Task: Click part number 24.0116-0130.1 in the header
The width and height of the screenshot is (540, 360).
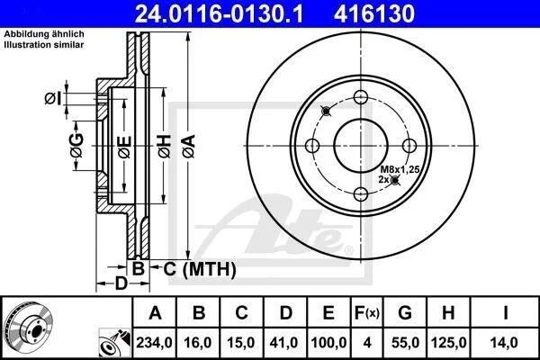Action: (x=219, y=13)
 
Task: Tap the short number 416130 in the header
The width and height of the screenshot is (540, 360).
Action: (x=374, y=13)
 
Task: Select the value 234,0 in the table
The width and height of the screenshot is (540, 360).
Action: (x=154, y=342)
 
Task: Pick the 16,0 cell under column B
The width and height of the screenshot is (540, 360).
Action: (x=198, y=342)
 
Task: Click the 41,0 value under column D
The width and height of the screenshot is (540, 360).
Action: (x=284, y=342)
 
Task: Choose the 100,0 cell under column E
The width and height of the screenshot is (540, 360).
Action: (x=328, y=342)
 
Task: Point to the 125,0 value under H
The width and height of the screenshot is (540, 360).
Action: (x=449, y=342)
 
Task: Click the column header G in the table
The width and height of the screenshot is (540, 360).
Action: (x=405, y=313)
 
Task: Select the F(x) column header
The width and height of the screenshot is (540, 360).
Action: (x=367, y=313)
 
